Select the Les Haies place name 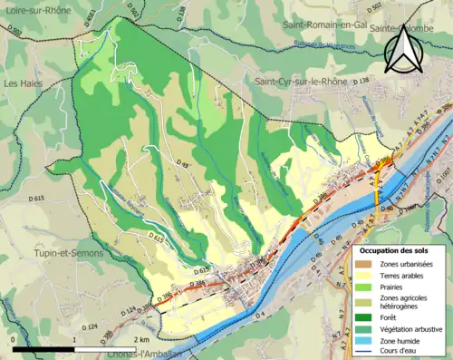[24, 83]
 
